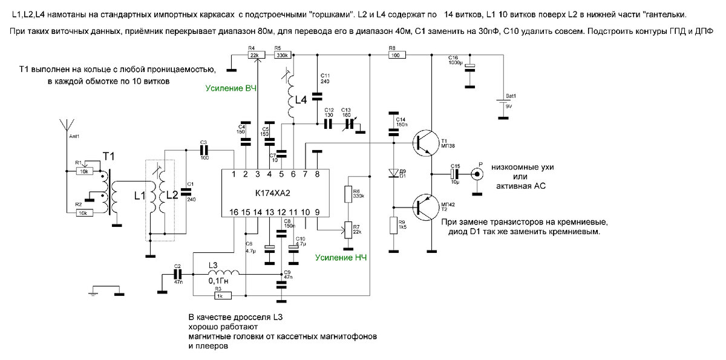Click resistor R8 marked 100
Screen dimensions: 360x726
pos(396,55)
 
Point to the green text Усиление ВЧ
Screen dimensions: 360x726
pos(231,89)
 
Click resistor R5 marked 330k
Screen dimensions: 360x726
pos(281,55)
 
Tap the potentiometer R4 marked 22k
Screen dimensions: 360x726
pos(257,55)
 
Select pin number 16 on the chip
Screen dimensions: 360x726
pos(234,212)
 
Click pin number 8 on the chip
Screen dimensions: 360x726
pos(317,175)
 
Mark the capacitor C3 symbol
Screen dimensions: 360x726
pos(203,149)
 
